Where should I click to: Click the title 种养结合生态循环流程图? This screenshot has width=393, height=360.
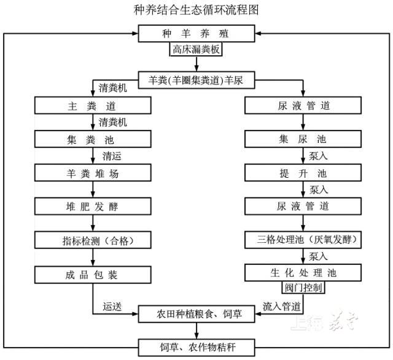click(x=196, y=10)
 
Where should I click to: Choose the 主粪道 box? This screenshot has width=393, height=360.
click(x=93, y=105)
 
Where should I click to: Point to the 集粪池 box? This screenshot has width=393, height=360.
click(x=93, y=139)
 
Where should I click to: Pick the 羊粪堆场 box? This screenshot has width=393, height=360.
click(x=93, y=173)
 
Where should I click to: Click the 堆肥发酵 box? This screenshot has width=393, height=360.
click(x=93, y=206)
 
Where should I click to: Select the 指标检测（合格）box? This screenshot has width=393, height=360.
click(x=93, y=239)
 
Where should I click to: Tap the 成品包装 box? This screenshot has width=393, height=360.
click(x=93, y=273)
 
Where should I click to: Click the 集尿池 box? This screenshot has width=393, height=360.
click(x=300, y=139)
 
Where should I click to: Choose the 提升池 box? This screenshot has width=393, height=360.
click(x=300, y=172)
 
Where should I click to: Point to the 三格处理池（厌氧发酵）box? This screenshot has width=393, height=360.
click(x=300, y=239)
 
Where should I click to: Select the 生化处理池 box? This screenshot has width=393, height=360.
click(x=300, y=272)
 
